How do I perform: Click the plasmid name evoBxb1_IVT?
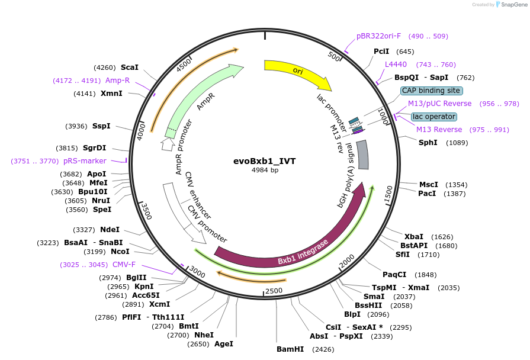pos(265,161)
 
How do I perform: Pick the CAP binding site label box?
pos(431,91)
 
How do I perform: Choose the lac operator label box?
pos(434,117)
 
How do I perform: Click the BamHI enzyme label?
pos(290,349)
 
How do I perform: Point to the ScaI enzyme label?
pos(129,67)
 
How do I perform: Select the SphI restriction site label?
pos(428,142)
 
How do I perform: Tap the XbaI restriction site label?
pos(414,236)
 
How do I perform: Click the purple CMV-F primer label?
pos(124,264)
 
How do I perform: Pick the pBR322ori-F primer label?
pos(378,36)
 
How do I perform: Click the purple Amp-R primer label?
pos(117,80)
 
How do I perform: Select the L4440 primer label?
pos(396,64)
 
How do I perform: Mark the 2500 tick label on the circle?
pos(274,290)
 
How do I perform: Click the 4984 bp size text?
pos(265,170)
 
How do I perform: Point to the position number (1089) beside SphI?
pos(457,142)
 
